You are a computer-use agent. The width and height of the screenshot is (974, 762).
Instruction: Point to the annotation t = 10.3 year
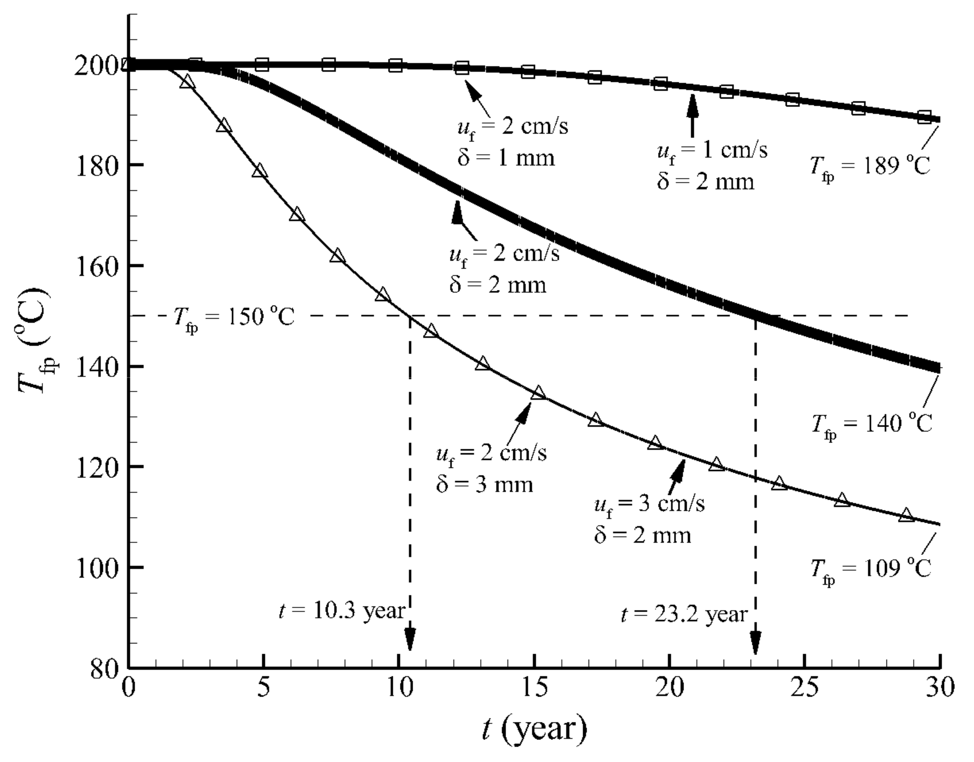[341, 611]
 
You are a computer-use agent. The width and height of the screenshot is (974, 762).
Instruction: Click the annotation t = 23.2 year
[684, 615]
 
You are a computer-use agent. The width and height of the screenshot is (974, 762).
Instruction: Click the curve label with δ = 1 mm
[513, 143]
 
